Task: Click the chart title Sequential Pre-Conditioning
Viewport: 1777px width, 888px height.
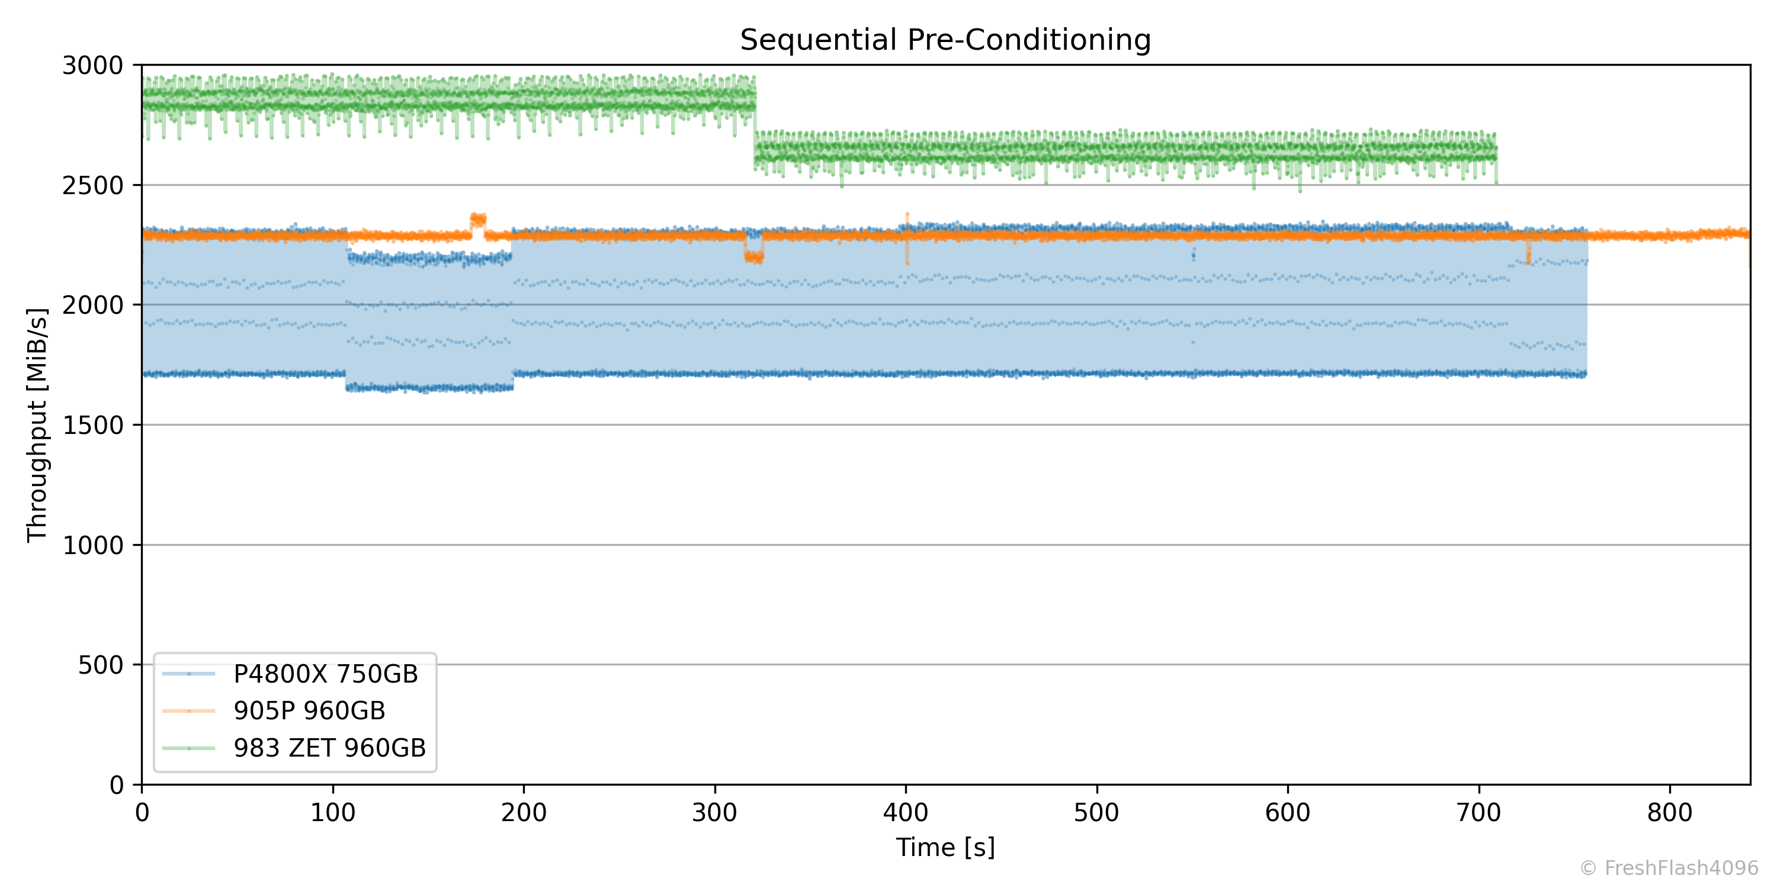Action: click(945, 40)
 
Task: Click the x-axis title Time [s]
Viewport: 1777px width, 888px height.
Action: click(945, 847)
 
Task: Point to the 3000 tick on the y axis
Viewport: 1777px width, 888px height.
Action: click(92, 66)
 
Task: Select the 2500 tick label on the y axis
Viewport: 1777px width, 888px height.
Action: click(92, 185)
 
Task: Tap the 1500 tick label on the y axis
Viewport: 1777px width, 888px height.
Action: click(92, 426)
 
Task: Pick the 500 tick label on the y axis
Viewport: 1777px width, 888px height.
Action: click(100, 665)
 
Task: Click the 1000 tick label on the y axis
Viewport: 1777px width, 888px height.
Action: click(92, 545)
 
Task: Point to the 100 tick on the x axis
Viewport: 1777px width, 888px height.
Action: click(332, 813)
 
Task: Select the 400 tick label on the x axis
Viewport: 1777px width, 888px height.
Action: click(905, 813)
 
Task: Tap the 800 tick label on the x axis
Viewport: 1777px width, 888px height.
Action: click(1669, 813)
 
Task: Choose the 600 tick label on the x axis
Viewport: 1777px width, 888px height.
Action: click(1287, 813)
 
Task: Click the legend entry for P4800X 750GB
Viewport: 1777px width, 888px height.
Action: click(326, 674)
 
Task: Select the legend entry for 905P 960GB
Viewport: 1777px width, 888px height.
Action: click(309, 711)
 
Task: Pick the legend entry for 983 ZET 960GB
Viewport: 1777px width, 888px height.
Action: click(330, 748)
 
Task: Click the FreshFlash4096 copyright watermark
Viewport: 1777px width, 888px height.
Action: click(1669, 868)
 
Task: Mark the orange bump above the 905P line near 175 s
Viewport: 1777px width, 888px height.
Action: click(478, 221)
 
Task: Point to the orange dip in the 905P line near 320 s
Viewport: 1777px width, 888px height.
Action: click(754, 256)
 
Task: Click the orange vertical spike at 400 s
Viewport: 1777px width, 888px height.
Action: click(906, 238)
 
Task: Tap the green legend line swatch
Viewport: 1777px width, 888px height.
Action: click(189, 748)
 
